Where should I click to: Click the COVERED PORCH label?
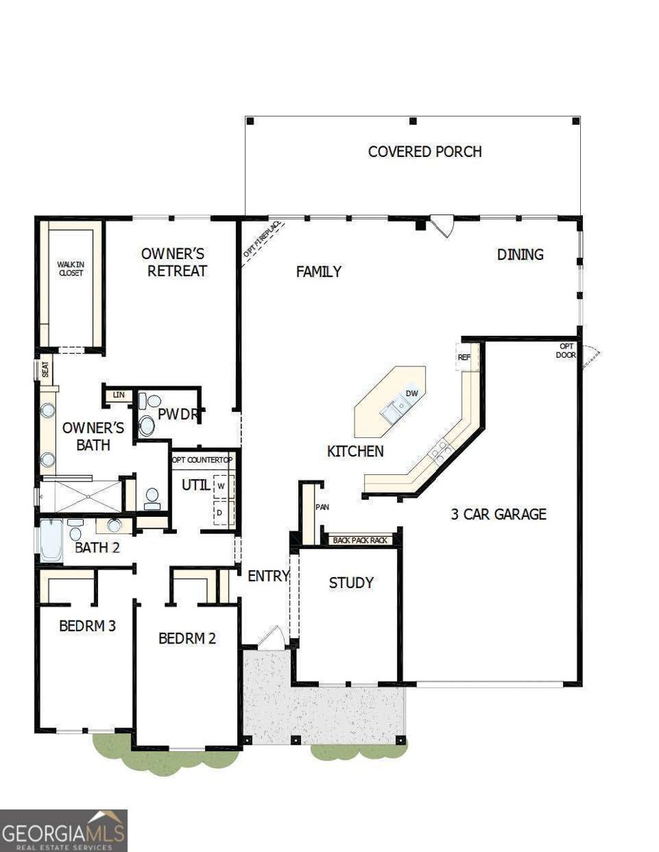click(x=425, y=151)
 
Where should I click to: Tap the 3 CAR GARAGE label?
click(x=499, y=514)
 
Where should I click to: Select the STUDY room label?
click(x=351, y=583)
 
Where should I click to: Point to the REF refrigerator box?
click(x=464, y=357)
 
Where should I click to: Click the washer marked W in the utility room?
click(x=221, y=486)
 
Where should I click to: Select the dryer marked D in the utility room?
click(x=221, y=512)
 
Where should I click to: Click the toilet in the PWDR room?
click(x=147, y=423)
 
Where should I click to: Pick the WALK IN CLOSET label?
click(x=71, y=268)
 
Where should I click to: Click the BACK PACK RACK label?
click(x=360, y=540)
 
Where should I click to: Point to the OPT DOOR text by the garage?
click(x=567, y=350)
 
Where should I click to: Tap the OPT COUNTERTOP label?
click(x=203, y=460)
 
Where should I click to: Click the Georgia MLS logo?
click(x=64, y=830)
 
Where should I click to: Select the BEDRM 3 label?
click(x=87, y=626)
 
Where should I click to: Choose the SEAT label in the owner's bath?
click(x=45, y=370)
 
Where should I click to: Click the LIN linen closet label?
click(x=118, y=394)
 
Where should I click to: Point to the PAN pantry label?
click(x=321, y=507)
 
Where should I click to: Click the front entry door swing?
click(x=273, y=637)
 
